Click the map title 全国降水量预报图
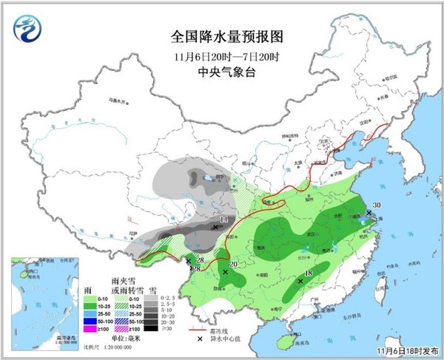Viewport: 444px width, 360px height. point(227,35)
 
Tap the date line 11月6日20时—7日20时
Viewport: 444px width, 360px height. point(227,55)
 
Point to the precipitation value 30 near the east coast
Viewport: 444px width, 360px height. point(377,206)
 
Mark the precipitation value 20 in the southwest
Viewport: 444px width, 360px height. point(233,265)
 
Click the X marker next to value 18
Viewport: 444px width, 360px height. point(300,281)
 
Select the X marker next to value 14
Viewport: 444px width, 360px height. point(215,228)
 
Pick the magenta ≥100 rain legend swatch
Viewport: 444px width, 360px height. point(88,332)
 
